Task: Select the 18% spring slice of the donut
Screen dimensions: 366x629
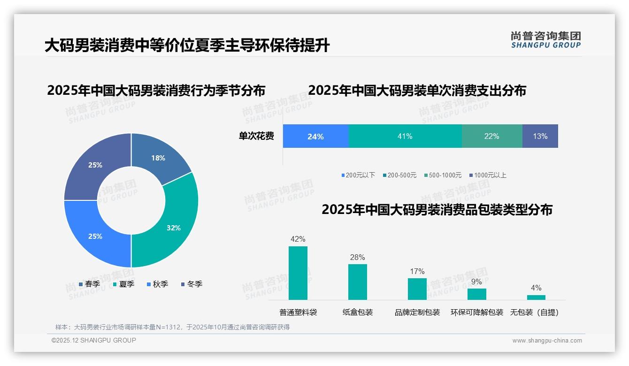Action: point(159,158)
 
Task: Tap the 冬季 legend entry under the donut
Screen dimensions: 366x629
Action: point(191,284)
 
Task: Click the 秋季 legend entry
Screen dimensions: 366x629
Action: point(157,284)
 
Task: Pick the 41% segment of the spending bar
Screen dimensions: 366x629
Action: point(405,137)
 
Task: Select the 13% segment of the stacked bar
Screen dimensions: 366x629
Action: point(540,137)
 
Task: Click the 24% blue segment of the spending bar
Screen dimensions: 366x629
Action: point(315,137)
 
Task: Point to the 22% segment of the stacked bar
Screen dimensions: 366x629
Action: point(491,137)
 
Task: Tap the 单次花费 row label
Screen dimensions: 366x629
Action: point(256,137)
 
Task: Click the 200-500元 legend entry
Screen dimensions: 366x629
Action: point(399,175)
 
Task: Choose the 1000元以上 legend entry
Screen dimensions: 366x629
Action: point(488,175)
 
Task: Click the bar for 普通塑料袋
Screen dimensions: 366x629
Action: point(298,273)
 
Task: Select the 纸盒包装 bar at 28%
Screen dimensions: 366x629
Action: point(357,282)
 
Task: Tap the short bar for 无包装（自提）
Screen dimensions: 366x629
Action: point(536,297)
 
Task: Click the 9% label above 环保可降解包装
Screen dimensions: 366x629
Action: point(476,282)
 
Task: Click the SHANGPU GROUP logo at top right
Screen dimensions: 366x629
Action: point(545,40)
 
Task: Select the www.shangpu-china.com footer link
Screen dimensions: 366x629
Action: point(547,341)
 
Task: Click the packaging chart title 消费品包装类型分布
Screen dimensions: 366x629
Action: point(437,210)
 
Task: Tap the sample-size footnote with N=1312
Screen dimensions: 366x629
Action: point(172,327)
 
